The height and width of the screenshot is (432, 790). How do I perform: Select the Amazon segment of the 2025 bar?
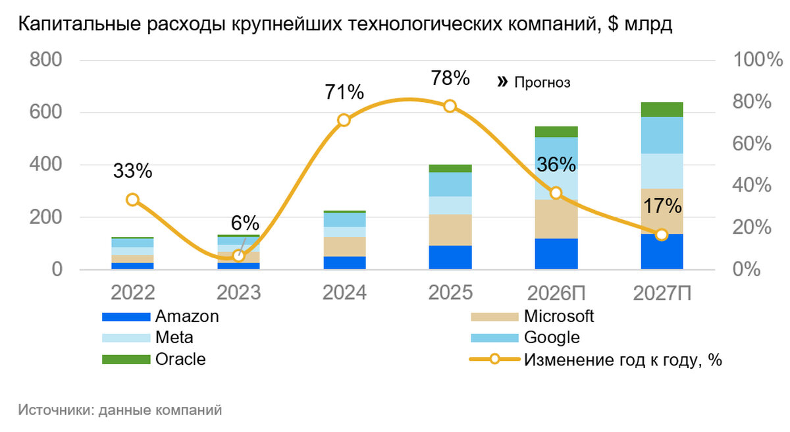[450, 257]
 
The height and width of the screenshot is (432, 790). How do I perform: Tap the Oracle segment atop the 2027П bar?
[662, 109]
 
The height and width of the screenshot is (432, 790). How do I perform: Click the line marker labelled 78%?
[450, 106]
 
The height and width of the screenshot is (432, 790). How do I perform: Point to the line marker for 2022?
[132, 200]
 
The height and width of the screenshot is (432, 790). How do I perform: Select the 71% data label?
[344, 92]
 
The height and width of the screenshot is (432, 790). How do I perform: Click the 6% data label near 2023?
[245, 223]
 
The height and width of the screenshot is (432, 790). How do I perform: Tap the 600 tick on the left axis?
[45, 112]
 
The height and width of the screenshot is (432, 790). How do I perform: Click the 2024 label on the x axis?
[344, 292]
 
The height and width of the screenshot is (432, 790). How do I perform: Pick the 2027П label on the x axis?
[662, 292]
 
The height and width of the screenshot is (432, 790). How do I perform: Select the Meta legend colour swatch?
[126, 338]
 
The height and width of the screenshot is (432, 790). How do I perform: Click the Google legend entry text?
[552, 338]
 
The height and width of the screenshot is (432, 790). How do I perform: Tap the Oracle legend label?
[180, 360]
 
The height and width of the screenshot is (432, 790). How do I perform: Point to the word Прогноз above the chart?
[542, 82]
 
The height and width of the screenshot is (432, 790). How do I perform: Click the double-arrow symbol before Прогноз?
[503, 82]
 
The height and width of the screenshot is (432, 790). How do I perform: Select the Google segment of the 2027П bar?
[662, 135]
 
